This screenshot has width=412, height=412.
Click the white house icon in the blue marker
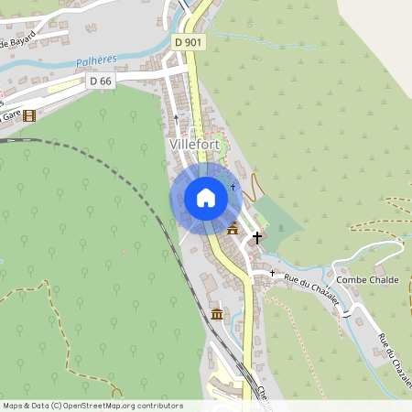205,198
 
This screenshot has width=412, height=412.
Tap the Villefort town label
193,145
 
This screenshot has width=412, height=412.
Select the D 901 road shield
189,42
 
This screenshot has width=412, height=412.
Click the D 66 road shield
101,81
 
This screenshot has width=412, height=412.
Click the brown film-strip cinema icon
30,115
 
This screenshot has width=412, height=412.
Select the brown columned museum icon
216,315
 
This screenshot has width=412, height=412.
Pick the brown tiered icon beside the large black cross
233,228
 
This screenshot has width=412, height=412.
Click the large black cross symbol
257,237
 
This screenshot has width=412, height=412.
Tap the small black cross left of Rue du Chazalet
271,274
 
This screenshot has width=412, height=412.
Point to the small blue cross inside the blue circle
233,187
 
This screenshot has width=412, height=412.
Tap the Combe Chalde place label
366,279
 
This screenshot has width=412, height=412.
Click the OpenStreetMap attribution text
92,406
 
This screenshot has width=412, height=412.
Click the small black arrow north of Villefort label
177,118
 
